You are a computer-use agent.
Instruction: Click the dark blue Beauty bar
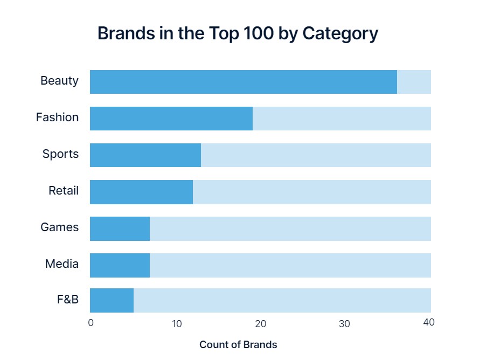(x=243, y=82)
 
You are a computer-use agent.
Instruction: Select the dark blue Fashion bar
(x=171, y=119)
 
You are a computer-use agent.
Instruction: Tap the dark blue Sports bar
(x=145, y=155)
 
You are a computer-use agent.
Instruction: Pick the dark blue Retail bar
(x=141, y=192)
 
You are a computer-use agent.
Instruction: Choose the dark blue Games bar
(x=120, y=229)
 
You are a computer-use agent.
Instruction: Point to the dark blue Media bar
(x=120, y=265)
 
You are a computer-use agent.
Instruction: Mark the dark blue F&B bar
(x=112, y=300)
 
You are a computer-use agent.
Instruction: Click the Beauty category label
(x=59, y=81)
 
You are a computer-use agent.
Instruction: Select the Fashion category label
(x=57, y=117)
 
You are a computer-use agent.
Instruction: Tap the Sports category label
(x=60, y=154)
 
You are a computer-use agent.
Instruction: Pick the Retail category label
(x=64, y=191)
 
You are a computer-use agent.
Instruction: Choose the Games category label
(x=59, y=227)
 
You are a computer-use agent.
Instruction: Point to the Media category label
(x=62, y=264)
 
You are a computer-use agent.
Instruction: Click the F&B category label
(x=68, y=299)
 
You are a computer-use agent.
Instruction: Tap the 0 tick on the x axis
(x=91, y=323)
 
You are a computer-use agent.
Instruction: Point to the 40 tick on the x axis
(x=429, y=323)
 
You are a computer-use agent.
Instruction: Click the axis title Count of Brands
(x=238, y=345)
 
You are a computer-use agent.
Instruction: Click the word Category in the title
(x=340, y=33)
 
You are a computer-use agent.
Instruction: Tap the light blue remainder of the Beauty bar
(x=414, y=82)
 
